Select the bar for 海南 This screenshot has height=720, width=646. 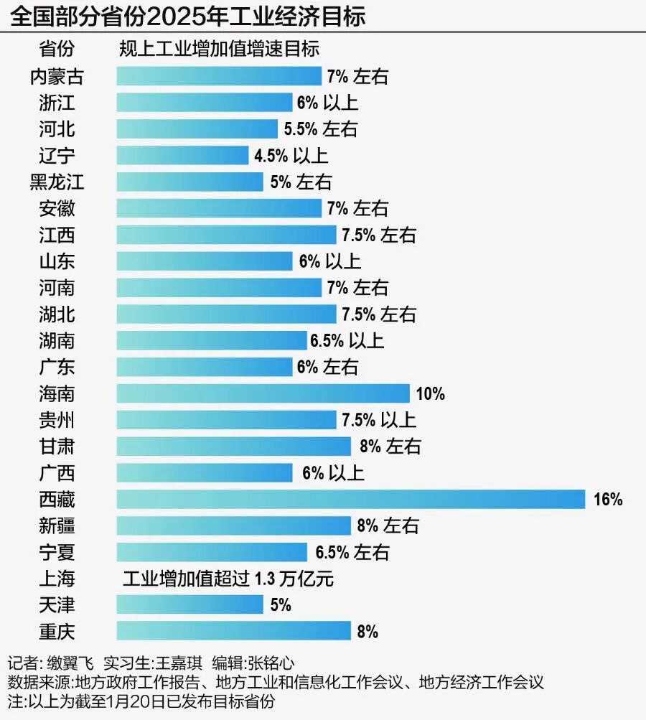tap(263, 393)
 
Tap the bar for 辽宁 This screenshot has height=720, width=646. tap(182, 156)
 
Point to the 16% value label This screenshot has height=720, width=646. tap(608, 500)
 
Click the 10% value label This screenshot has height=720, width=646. tap(431, 394)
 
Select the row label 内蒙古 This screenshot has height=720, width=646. tap(57, 76)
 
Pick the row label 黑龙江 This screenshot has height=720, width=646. tap(57, 182)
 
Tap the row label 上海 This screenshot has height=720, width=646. tap(57, 579)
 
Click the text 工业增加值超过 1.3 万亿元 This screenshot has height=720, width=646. tap(228, 579)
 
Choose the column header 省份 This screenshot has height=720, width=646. tap(57, 50)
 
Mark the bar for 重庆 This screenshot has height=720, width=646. tap(233, 632)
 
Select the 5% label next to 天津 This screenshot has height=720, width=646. tap(281, 605)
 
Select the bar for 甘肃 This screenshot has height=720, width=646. tap(233, 447)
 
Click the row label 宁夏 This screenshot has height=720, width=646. tap(57, 552)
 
